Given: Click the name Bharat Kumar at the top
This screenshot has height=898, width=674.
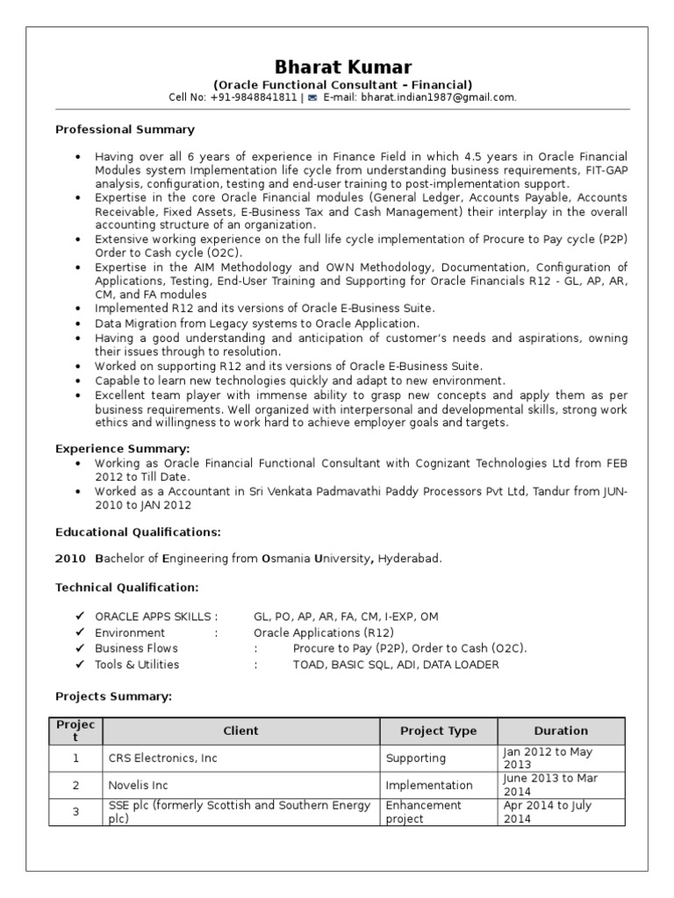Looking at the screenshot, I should pos(342,67).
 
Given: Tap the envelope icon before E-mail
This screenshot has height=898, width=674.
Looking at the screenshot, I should pos(312,98).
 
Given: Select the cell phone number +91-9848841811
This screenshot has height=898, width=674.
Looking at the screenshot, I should pos(254,97).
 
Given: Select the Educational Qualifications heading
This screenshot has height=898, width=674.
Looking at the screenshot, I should pos(138,531).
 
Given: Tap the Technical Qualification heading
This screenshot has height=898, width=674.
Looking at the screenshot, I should pos(126,586).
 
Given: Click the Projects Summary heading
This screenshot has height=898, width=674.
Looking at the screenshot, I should pos(113,695).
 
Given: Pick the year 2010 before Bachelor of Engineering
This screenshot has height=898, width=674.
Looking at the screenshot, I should pos(70,558).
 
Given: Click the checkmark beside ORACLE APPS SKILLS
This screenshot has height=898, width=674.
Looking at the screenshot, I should pos(80,616).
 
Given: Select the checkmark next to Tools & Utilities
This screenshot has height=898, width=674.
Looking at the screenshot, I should pos(80,664).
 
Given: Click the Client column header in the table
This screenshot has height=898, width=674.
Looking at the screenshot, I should pos(240,731).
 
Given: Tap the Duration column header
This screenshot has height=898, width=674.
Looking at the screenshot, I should pos(561,731).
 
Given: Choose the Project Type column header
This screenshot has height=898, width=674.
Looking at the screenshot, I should pos(438,731).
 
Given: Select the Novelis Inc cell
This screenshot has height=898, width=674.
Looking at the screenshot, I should pos(138,785).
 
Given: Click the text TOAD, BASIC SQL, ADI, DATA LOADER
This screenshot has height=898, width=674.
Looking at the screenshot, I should pos(396,664).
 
